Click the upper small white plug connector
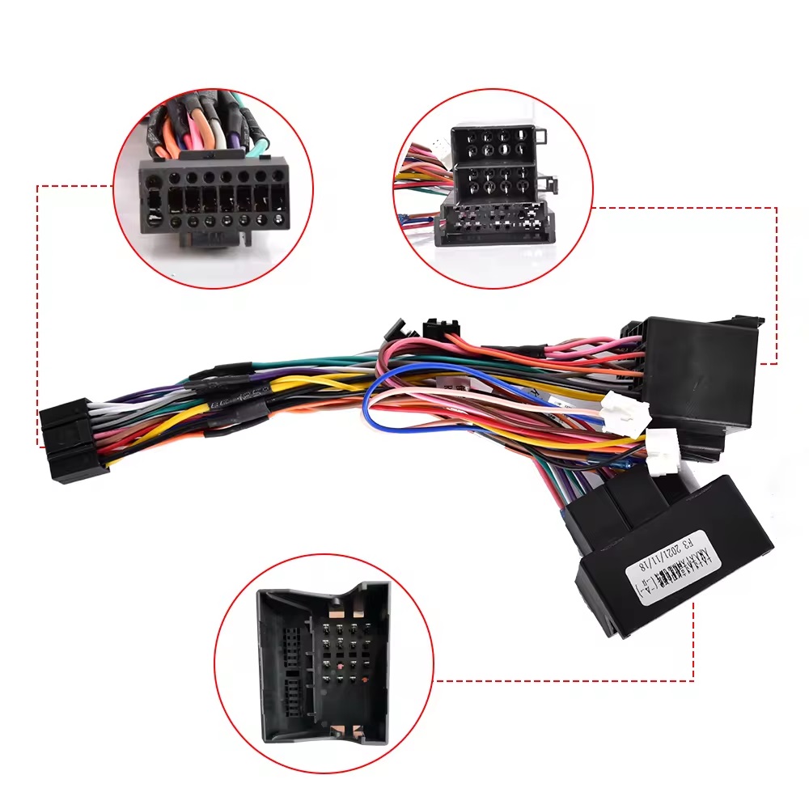619,404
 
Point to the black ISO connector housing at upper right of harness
696,372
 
